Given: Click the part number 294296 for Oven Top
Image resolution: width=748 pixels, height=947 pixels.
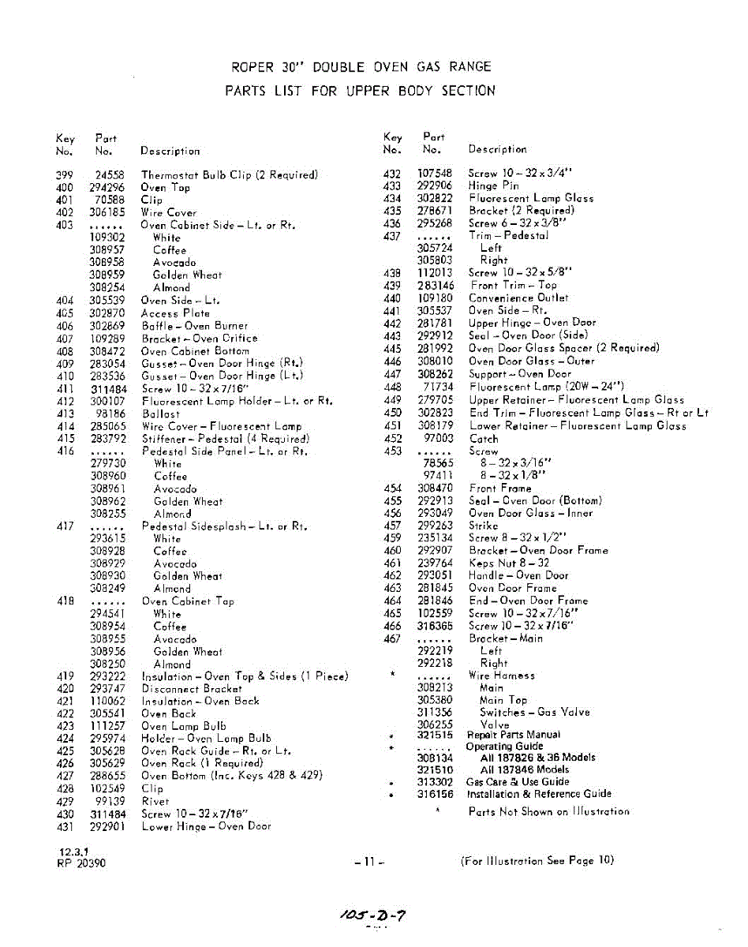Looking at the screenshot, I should coord(108,188).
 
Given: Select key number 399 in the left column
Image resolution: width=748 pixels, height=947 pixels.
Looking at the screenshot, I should coord(65,175).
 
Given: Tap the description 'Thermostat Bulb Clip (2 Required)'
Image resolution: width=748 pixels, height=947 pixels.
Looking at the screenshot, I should coord(229,175).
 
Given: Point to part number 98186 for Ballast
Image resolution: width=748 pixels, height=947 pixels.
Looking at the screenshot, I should coord(110,414).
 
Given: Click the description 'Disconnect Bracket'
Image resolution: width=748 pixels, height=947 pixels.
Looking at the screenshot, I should coord(191,688).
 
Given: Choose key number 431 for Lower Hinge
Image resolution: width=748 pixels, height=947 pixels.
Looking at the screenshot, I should coord(65,826).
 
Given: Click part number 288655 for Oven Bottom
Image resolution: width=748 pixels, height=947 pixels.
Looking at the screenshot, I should coord(108,776).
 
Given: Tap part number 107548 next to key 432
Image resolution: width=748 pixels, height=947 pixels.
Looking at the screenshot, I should coord(435,174).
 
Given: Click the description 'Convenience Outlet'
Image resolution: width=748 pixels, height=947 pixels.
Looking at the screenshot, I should coord(518,298).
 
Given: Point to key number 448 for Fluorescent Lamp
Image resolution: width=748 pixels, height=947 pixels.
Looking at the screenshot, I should coord(392,387).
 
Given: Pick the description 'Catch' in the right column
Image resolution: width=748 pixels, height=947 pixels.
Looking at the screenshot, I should coord(484,439).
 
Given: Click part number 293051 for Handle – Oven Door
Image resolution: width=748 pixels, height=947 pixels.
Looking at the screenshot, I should coord(435,575).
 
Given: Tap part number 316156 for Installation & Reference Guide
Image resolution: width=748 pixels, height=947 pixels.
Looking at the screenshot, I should coord(435,794).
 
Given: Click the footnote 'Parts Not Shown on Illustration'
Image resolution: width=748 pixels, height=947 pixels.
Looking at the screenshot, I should coord(548,811).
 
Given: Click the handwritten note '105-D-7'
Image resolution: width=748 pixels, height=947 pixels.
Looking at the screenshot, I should coord(373,915).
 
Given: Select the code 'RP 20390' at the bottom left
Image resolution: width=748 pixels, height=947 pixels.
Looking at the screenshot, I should coord(82,863).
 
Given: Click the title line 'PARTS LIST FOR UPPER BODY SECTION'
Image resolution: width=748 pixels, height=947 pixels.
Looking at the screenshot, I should coord(361,91).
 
